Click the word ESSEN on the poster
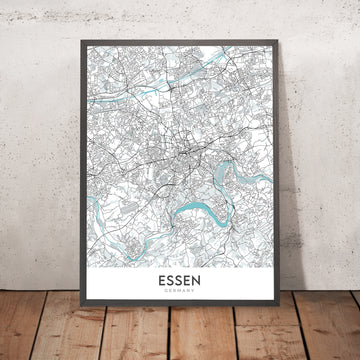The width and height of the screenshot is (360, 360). [179, 283]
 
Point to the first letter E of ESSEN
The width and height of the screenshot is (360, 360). [160, 283]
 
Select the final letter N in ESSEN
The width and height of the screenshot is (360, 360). [198, 283]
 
